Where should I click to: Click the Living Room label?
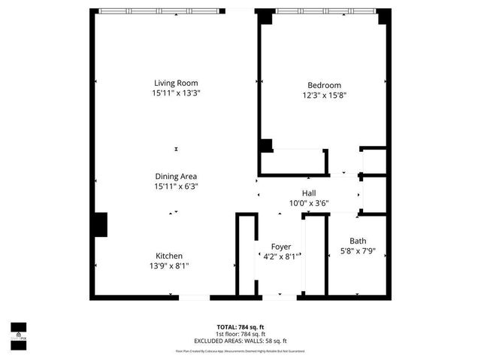(x=176, y=83)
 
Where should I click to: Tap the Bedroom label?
(x=324, y=85)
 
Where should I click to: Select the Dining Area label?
(x=176, y=176)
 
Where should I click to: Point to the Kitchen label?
(x=169, y=256)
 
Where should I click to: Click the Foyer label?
(x=281, y=247)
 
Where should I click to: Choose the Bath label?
(x=358, y=241)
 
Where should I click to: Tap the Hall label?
(x=309, y=193)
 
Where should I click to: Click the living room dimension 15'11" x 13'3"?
(x=176, y=93)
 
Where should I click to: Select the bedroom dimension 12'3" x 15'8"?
(x=324, y=96)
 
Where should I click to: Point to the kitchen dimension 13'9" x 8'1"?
(x=169, y=265)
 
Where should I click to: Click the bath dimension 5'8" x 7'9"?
(x=358, y=250)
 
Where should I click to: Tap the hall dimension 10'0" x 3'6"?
(x=309, y=202)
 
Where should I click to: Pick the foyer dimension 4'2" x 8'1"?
(x=281, y=256)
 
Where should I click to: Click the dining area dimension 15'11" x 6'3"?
(x=176, y=186)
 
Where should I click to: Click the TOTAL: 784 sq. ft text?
(x=240, y=326)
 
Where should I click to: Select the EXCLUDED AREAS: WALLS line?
(x=240, y=341)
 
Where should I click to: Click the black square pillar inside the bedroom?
(x=266, y=146)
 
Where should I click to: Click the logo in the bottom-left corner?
(x=18, y=331)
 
